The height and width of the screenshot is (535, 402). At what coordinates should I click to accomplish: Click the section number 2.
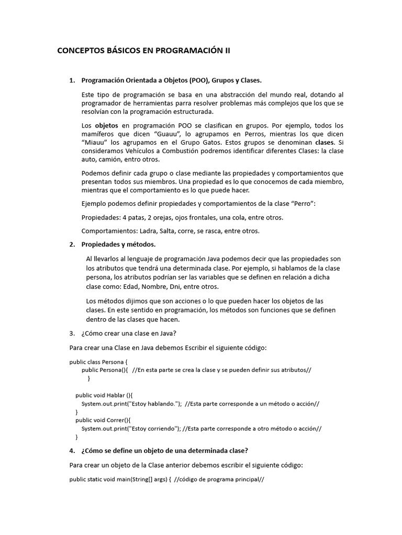72,245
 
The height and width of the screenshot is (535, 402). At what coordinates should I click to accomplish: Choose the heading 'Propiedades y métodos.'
118,245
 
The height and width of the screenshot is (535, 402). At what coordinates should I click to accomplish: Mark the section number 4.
72,450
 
